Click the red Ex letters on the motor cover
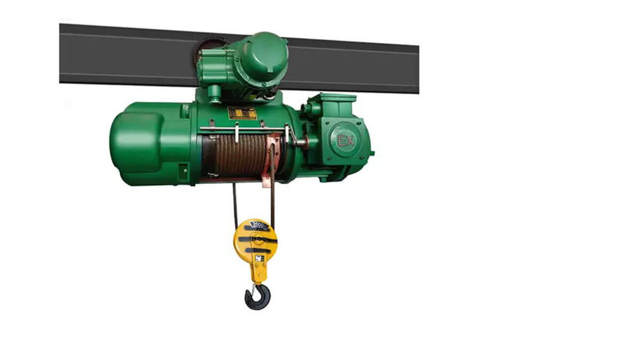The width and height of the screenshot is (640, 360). click(x=345, y=141)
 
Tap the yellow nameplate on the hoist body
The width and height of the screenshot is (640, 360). click(x=242, y=113)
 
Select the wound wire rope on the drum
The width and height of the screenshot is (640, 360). click(x=237, y=154)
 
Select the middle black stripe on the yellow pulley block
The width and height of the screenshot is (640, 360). click(x=257, y=240)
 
